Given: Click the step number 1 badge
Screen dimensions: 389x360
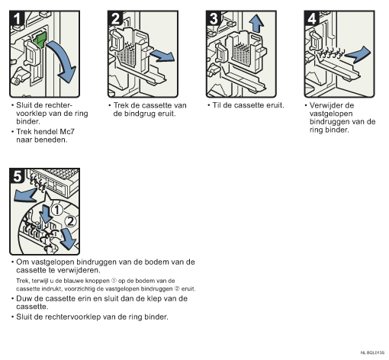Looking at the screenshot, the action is coord(17,18).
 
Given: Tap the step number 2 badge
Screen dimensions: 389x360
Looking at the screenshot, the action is coord(115,18).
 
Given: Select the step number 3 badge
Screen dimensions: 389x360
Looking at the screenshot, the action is coord(214,18).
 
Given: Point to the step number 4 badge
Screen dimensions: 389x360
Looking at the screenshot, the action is coord(312,18).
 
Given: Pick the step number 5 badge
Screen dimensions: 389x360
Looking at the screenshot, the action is coord(17,175).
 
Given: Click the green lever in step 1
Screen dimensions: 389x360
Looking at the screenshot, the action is coord(40,40).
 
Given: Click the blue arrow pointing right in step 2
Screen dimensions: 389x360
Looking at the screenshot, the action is coord(162,56).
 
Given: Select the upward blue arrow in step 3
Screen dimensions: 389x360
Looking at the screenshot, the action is coord(256,24).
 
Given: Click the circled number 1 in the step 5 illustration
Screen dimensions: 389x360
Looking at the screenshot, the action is coord(57,211).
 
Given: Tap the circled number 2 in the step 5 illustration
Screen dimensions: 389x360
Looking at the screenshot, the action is coord(70,221).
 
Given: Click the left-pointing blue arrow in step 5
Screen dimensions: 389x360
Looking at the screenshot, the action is coord(25,195).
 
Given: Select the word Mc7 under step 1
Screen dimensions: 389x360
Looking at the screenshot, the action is coord(67,132).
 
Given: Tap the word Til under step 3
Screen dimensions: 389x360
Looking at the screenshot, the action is coord(217,105).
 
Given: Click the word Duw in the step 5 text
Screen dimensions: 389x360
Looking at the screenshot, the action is coord(23,298).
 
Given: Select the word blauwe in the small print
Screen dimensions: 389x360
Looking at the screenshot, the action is coord(73,281).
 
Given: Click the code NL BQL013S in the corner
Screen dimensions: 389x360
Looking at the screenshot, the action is coord(372,352).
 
